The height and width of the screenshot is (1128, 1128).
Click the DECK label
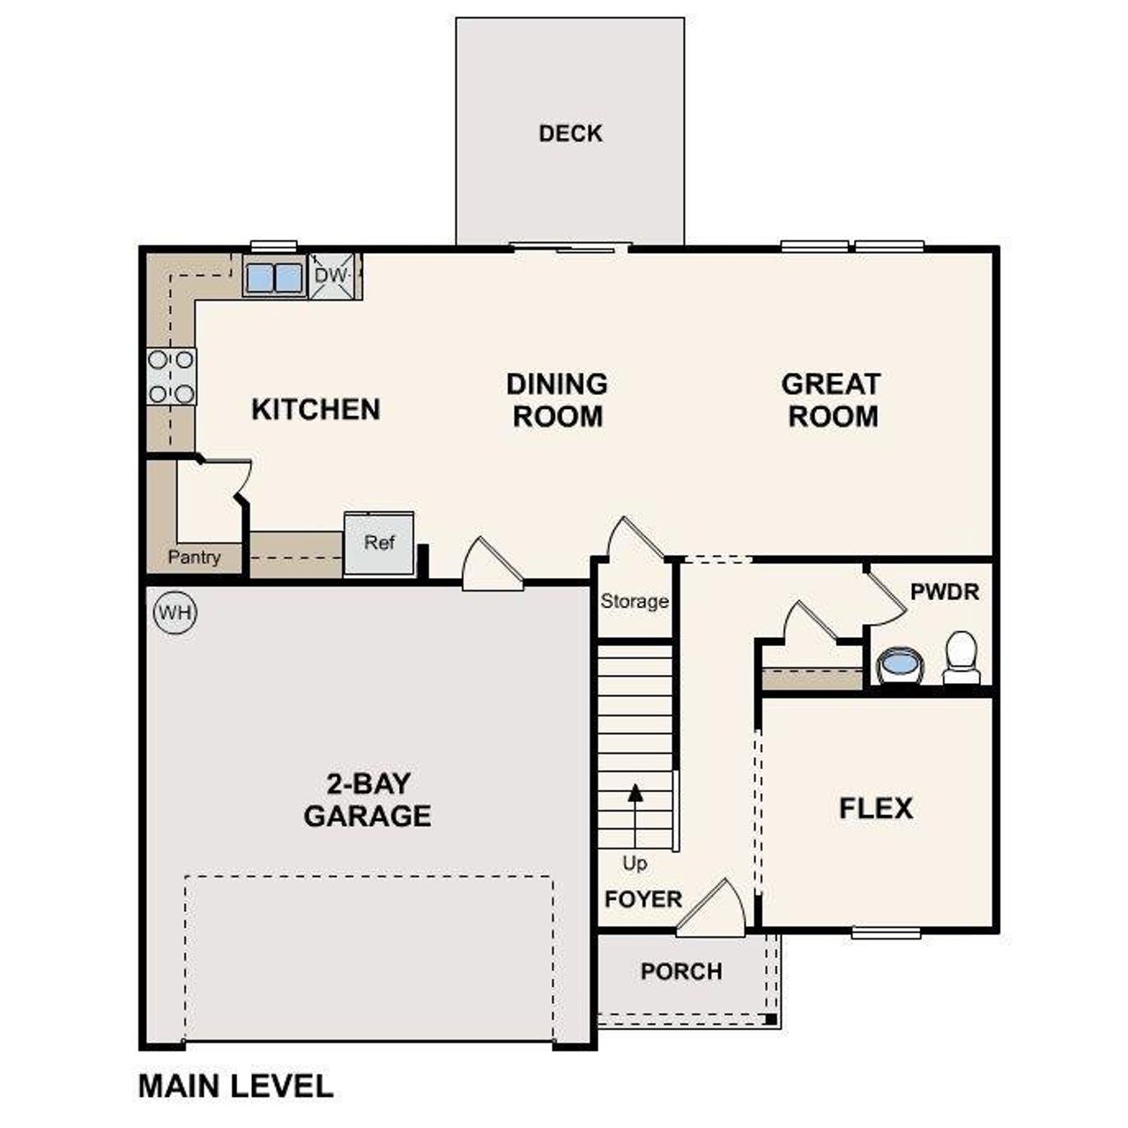pyautogui.click(x=570, y=133)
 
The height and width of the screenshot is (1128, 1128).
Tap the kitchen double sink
pyautogui.click(x=274, y=278)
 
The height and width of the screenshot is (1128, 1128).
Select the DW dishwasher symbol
pyautogui.click(x=332, y=276)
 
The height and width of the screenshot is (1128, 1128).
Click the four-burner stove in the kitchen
pyautogui.click(x=171, y=376)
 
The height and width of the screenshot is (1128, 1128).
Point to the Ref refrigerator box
pyautogui.click(x=379, y=543)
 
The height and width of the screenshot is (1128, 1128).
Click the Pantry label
pyautogui.click(x=194, y=557)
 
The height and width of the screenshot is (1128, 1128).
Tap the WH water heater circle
pyautogui.click(x=175, y=612)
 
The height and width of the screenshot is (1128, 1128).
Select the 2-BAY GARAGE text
pyautogui.click(x=367, y=799)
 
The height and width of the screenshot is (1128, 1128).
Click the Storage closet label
pyautogui.click(x=634, y=602)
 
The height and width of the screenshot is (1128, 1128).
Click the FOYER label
pyautogui.click(x=643, y=900)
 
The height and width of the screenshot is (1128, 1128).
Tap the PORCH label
pyautogui.click(x=681, y=971)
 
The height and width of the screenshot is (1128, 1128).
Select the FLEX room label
pyautogui.click(x=875, y=808)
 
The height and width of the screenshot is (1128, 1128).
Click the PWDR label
pyautogui.click(x=944, y=591)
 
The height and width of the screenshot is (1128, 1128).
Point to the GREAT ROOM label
pyautogui.click(x=832, y=400)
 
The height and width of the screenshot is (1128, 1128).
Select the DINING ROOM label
pyautogui.click(x=557, y=400)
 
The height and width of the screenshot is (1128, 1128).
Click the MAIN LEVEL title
pyautogui.click(x=235, y=1086)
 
